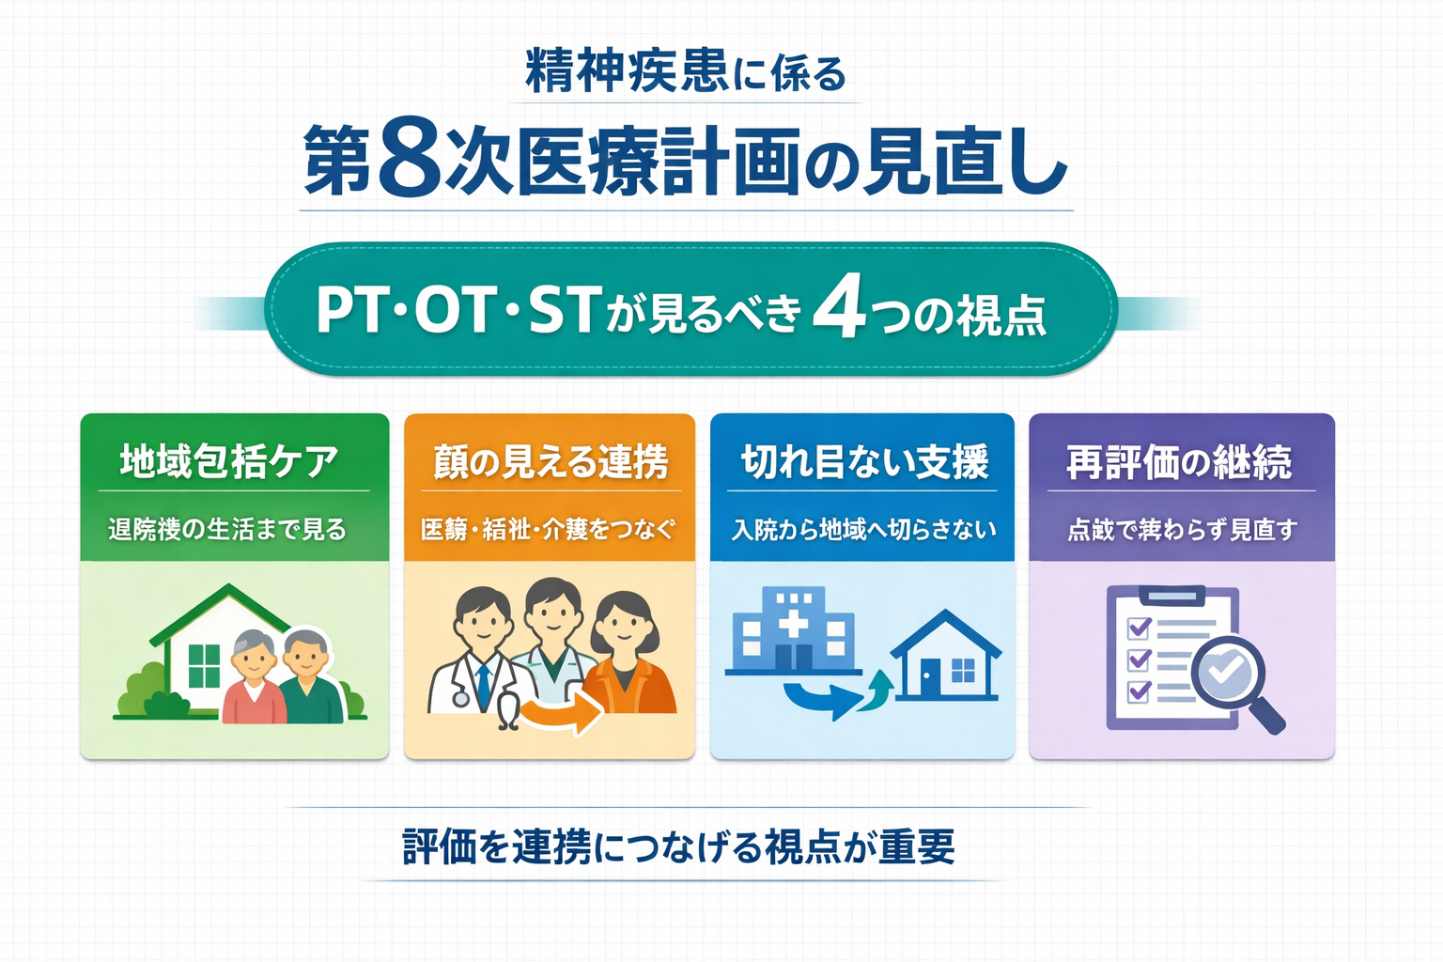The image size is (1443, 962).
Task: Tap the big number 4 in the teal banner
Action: (x=838, y=309)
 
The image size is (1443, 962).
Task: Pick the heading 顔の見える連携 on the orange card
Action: (x=551, y=461)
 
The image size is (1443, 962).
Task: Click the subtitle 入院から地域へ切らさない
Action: (x=863, y=530)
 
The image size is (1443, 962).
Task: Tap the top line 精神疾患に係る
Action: (x=686, y=72)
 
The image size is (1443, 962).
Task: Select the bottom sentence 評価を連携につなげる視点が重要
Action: (x=678, y=846)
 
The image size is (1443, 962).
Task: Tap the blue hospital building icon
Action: (x=793, y=629)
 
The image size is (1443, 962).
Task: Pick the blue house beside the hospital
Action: (x=945, y=658)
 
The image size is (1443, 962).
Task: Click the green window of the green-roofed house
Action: (x=204, y=665)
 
